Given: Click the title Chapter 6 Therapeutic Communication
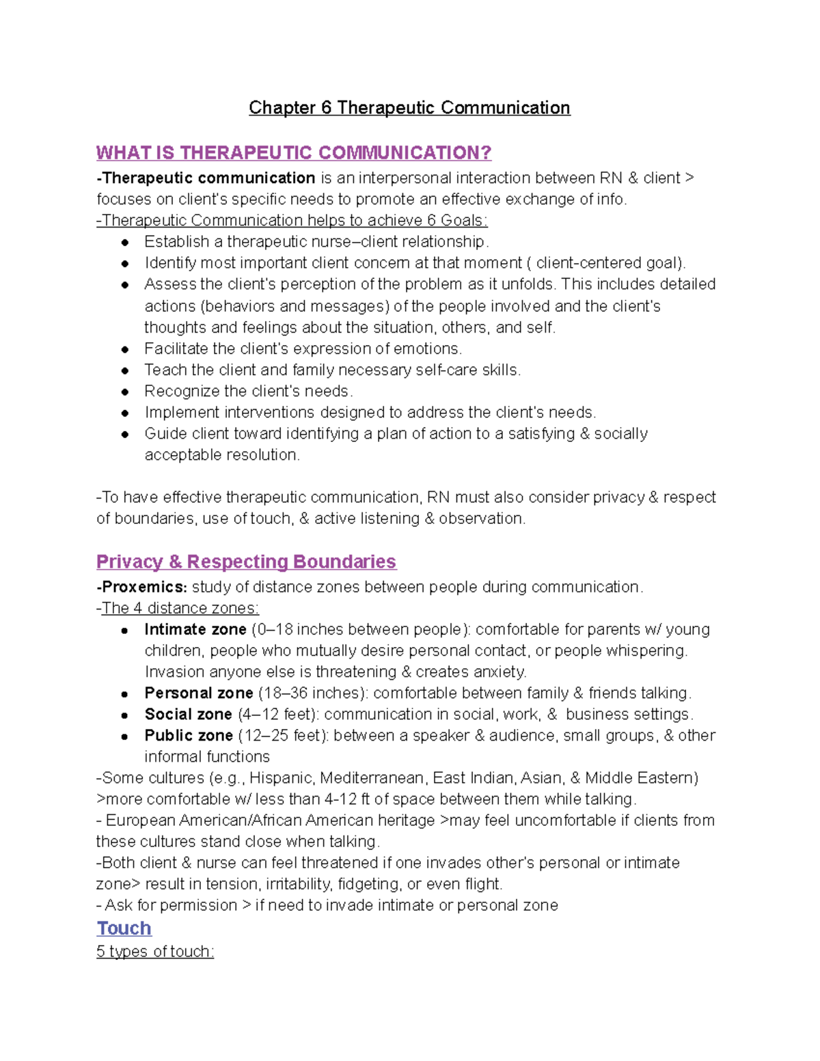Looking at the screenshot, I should tap(409, 108).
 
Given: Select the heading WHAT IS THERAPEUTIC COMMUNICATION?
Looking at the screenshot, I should tap(294, 152).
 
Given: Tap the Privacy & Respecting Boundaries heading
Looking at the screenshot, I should tap(246, 562).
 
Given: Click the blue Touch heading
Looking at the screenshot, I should tap(124, 928).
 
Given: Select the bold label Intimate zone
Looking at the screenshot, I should tap(195, 629).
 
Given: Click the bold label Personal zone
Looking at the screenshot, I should tap(198, 693).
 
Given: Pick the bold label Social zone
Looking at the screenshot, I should tap(188, 714).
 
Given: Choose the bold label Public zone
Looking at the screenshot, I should tap(189, 735).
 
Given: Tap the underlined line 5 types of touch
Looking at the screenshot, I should tap(155, 951).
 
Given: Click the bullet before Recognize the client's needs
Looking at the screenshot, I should tap(125, 391).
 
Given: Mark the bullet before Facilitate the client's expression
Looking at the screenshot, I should tap(125, 349).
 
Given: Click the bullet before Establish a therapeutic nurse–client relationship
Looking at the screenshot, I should tap(125, 242).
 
